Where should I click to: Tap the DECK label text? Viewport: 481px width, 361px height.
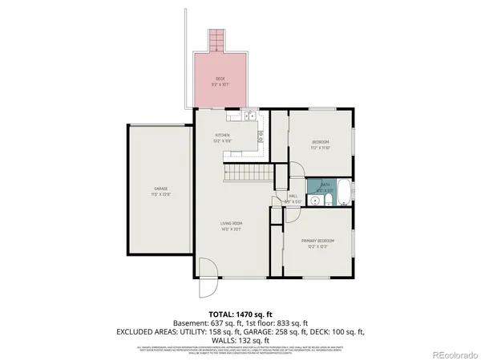coord(219,79)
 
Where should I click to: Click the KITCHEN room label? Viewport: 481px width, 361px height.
coord(223,135)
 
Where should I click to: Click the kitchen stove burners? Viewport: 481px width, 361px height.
coord(261,138)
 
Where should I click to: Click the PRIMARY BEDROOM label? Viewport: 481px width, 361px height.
coord(318,241)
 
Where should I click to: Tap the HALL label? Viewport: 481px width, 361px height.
coord(293,195)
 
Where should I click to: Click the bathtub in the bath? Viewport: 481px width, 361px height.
coord(344,193)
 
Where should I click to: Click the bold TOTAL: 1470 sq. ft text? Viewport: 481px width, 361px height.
coord(240,314)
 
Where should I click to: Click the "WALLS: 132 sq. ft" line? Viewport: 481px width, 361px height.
coord(240,339)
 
